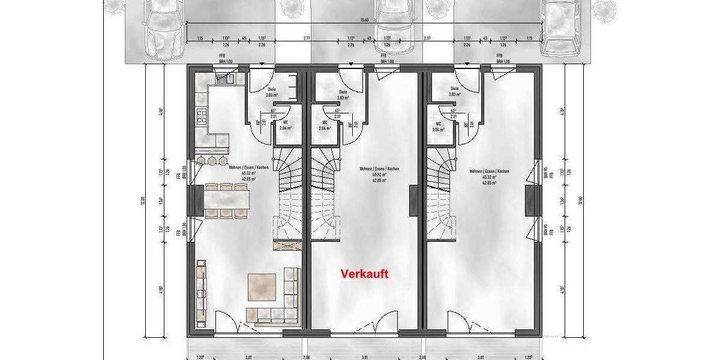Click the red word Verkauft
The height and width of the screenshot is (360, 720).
364,274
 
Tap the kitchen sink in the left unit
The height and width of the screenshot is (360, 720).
226,77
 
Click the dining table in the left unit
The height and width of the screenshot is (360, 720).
226,196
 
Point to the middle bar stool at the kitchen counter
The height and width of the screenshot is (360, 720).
212,160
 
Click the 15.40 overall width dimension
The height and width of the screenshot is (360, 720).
364,20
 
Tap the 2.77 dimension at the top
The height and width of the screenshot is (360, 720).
307,38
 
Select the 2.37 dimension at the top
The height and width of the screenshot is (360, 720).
427,38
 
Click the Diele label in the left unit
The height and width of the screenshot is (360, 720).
271,89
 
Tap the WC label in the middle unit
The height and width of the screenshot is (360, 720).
322,122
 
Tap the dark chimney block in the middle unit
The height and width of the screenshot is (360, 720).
413,200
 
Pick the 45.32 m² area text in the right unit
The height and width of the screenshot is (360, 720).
489,177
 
